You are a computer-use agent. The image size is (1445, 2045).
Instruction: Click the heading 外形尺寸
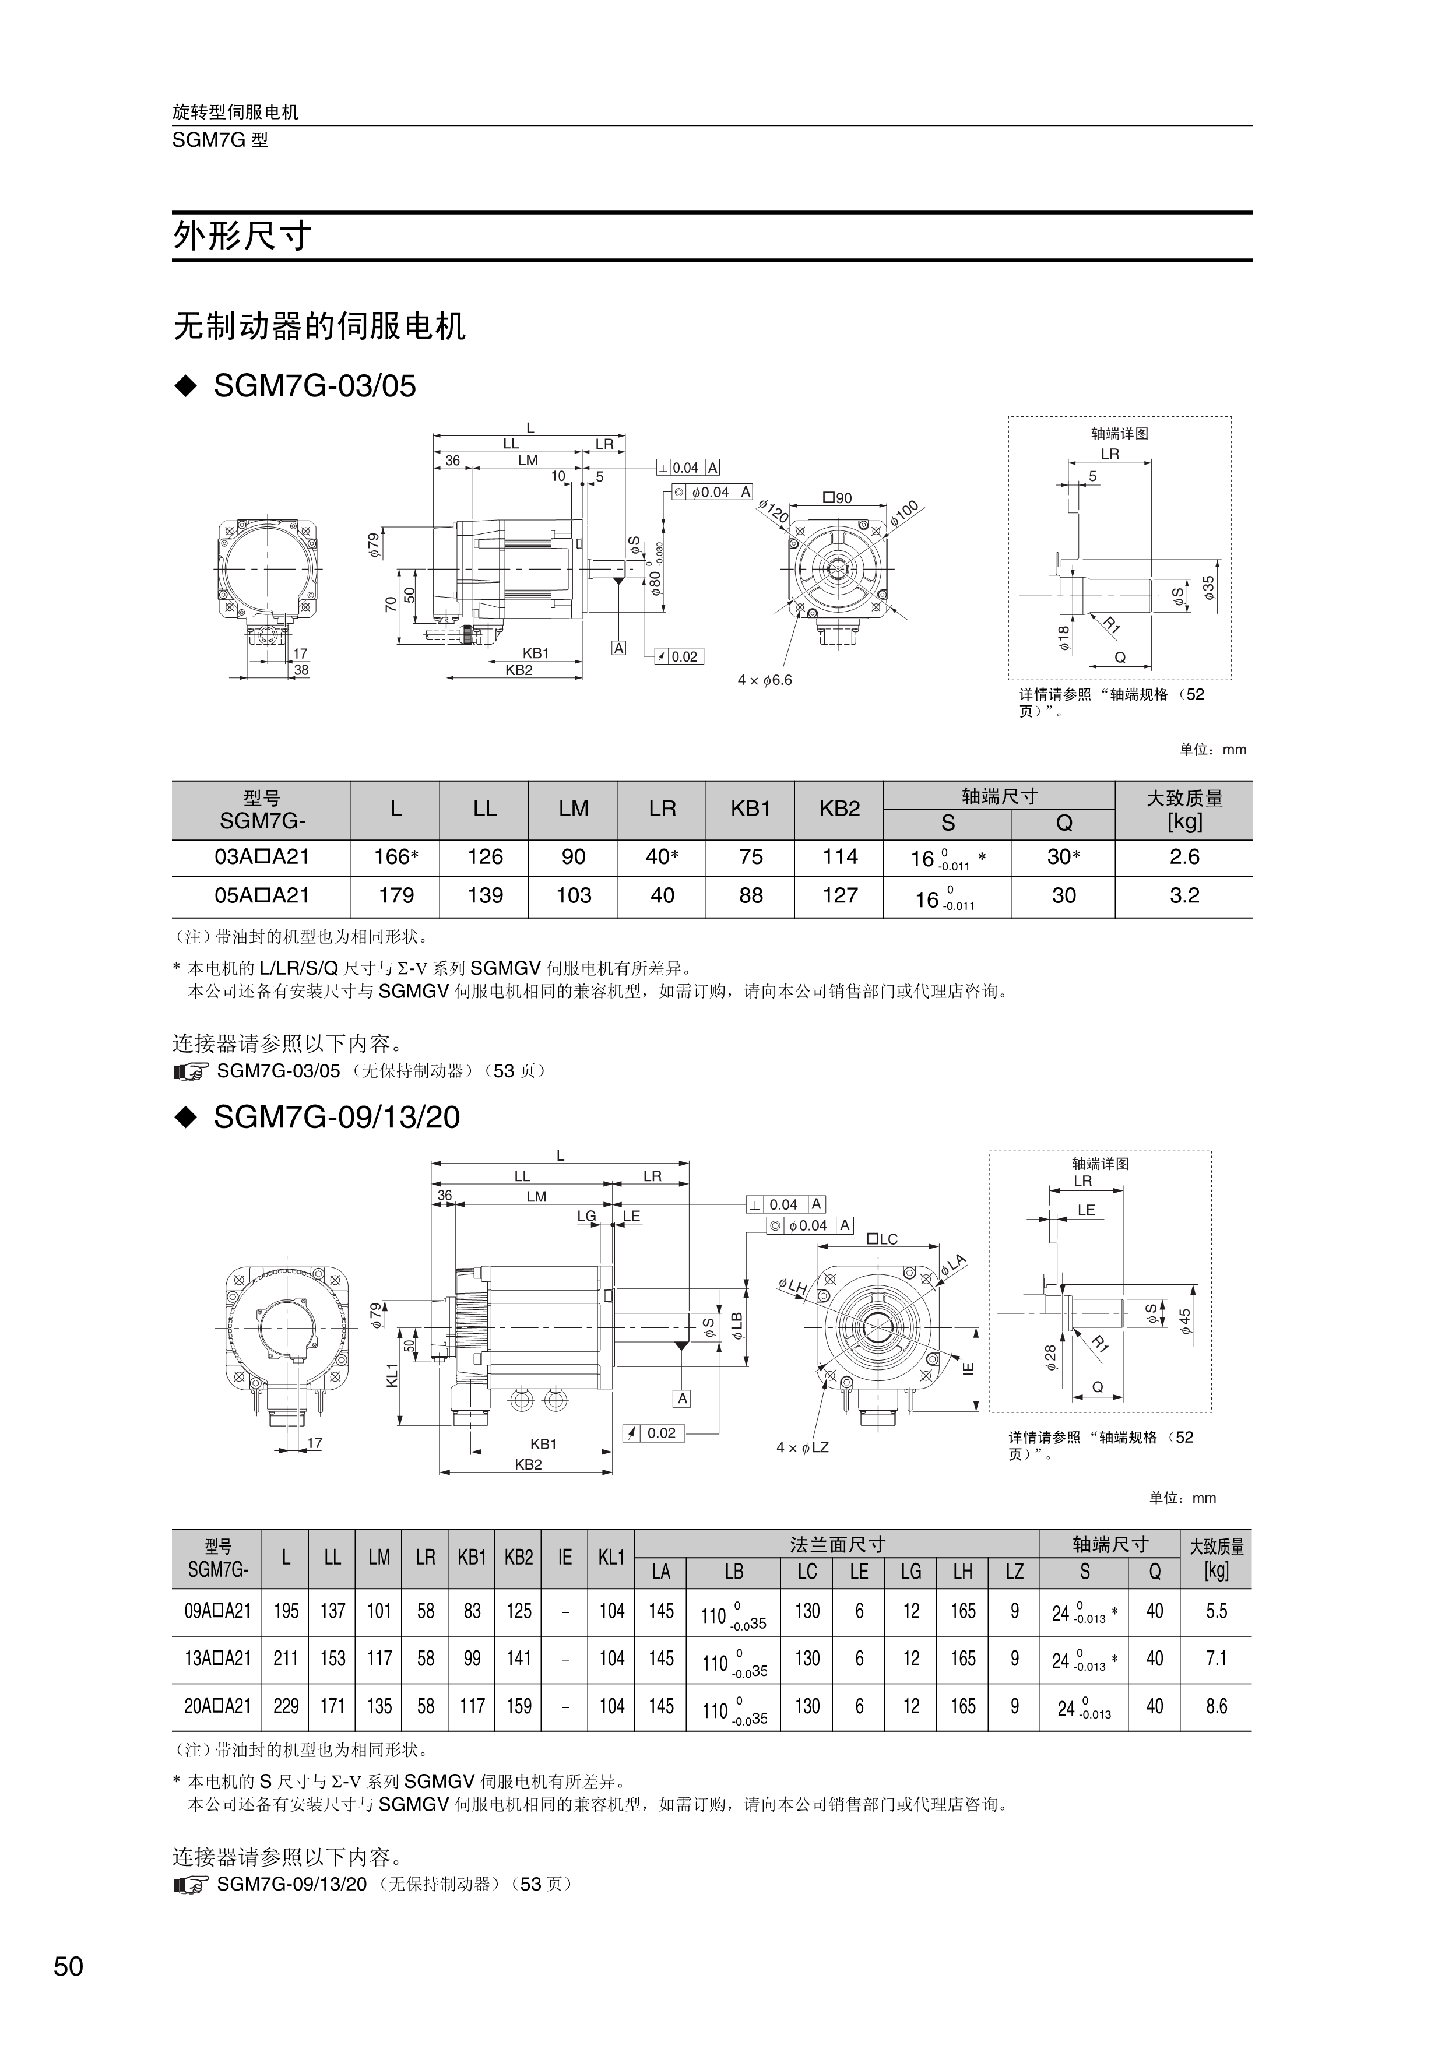pos(242,237)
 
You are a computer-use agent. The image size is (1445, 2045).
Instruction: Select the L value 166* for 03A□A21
pos(395,857)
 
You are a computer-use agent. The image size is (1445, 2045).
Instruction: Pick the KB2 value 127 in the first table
pos(839,895)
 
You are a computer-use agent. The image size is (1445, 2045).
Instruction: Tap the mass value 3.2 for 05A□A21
pos(1183,895)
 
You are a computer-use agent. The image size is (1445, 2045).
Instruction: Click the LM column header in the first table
pos(574,809)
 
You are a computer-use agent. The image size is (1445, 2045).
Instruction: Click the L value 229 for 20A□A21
pos(286,1706)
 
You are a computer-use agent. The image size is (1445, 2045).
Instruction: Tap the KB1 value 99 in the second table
pos(472,1659)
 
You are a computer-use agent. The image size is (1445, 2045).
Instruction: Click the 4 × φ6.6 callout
pos(764,680)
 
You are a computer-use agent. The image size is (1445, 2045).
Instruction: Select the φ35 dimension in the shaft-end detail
pos(1208,588)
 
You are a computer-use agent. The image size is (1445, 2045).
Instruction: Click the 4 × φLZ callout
pos(802,1447)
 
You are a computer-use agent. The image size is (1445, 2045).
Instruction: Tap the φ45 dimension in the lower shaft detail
pos(1185,1321)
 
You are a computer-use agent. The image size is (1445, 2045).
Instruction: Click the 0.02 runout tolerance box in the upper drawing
pos(678,656)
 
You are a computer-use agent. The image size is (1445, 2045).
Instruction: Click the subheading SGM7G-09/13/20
pos(336,1118)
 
